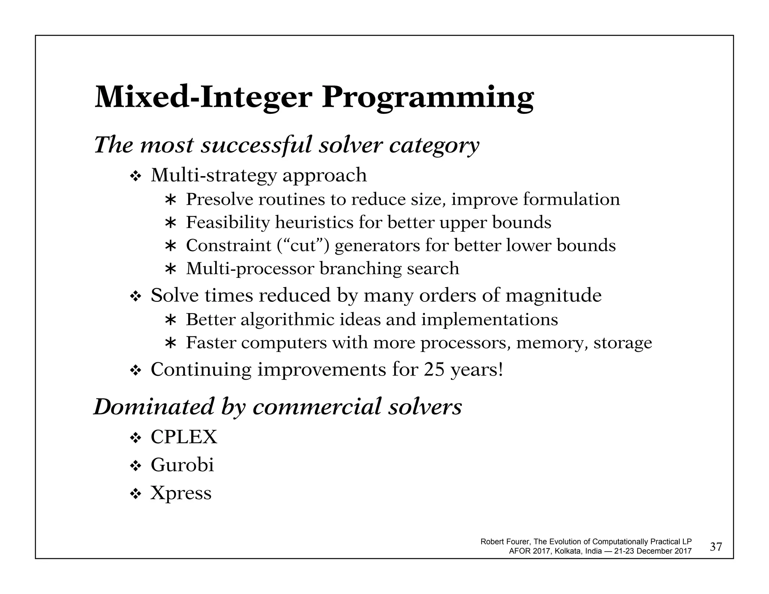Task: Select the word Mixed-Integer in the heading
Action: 203,97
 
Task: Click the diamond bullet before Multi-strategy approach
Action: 135,176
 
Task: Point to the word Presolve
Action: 219,199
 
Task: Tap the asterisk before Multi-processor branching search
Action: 170,269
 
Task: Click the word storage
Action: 623,343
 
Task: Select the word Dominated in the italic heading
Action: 154,407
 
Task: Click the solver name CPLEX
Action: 184,437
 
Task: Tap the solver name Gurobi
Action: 182,465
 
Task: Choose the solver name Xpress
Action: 181,493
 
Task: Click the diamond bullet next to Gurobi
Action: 135,467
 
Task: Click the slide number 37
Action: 716,547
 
